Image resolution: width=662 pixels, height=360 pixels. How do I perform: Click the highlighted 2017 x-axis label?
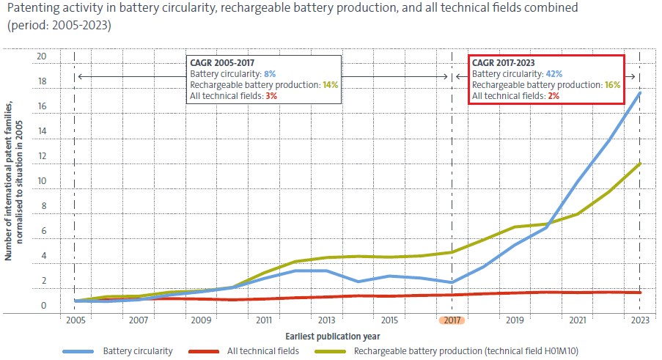coord(452,320)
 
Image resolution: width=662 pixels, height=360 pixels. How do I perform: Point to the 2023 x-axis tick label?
coord(640,320)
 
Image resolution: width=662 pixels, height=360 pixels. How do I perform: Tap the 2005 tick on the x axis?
coord(76,320)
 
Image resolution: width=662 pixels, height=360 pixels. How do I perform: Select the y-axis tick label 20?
coord(41,56)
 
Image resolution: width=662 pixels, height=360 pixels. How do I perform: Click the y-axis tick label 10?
coord(42,181)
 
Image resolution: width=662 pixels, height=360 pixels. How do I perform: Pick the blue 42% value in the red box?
coord(554,74)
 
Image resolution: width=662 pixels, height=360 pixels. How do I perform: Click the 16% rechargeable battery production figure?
coord(612,85)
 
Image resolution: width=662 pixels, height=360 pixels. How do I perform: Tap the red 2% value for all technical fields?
coord(553,96)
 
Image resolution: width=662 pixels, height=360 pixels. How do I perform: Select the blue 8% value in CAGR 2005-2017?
coord(270,74)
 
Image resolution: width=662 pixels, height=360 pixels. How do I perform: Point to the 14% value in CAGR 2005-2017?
coord(331,85)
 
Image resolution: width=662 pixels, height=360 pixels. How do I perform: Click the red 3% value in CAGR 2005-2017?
coord(271,96)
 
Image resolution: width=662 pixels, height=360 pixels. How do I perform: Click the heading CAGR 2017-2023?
coord(503,63)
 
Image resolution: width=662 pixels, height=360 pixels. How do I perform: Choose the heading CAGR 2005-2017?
coord(222,63)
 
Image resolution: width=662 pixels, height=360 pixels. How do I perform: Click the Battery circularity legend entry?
coord(118,351)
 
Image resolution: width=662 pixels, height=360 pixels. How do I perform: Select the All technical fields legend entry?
coord(244,351)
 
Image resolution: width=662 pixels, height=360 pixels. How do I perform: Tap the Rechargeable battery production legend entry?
coord(446,351)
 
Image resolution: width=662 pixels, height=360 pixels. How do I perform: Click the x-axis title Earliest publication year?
coord(333,337)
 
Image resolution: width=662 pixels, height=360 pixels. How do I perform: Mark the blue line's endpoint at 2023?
coord(640,92)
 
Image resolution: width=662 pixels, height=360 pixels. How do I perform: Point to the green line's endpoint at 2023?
coord(640,164)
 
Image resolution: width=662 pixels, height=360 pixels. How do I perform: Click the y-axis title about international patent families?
coord(13,180)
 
